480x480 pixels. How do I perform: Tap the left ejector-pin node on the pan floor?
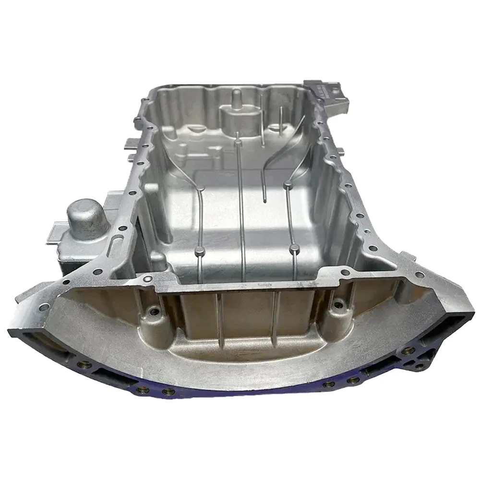click(197, 250)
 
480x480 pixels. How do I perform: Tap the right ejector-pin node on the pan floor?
click(295, 248)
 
